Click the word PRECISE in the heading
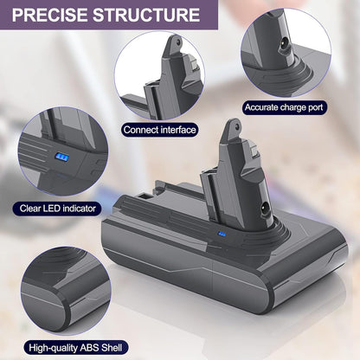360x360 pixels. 50,15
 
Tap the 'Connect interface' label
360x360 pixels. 159,130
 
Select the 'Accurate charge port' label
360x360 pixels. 284,107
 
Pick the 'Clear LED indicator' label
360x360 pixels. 57,209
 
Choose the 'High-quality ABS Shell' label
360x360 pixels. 75,348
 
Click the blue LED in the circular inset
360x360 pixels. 62,157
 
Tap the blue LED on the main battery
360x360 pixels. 222,235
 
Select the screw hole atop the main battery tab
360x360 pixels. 236,127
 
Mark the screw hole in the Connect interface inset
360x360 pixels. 178,43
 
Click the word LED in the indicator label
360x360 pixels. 52,209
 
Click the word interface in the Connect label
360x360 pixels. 178,130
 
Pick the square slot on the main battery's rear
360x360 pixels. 145,196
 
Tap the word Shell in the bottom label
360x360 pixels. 112,348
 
